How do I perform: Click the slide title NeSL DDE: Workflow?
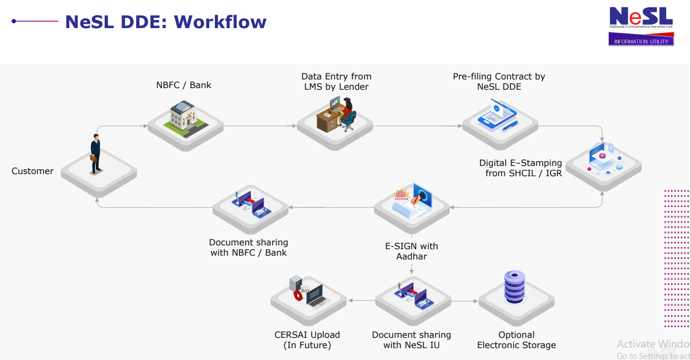[165, 22]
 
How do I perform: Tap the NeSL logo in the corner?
[641, 18]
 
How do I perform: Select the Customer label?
[32, 171]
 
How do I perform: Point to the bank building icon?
[185, 119]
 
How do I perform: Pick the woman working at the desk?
[347, 114]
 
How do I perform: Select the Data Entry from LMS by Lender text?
[336, 82]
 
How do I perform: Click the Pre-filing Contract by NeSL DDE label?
[499, 82]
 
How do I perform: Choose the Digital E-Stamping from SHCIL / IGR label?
[520, 168]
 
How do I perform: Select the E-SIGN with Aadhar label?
[411, 251]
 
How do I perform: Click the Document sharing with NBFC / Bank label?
[249, 248]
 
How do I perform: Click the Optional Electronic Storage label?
[516, 340]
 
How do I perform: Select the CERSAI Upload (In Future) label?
[307, 340]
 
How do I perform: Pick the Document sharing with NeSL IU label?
[411, 340]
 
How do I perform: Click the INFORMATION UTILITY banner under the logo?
[641, 41]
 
